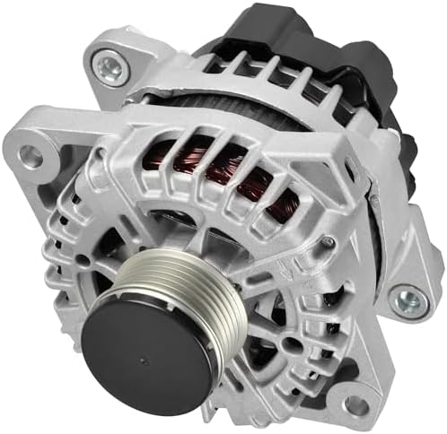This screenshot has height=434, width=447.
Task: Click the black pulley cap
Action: click(x=149, y=345)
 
